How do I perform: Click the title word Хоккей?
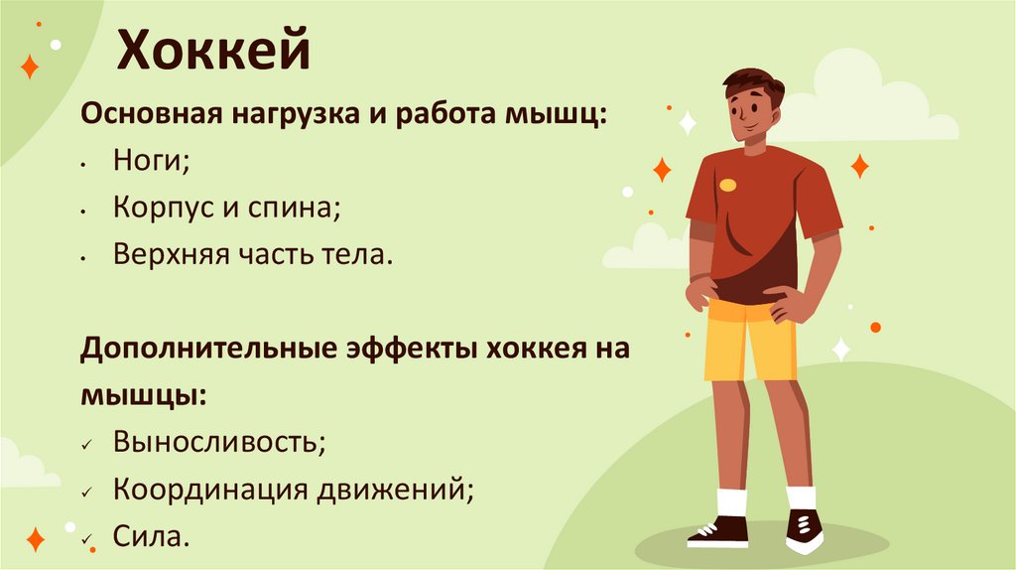[214, 52]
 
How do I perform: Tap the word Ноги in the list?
[150, 161]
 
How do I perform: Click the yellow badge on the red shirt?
[729, 184]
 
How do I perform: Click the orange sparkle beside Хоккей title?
[31, 67]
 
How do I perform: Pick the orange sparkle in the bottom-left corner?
[35, 539]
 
